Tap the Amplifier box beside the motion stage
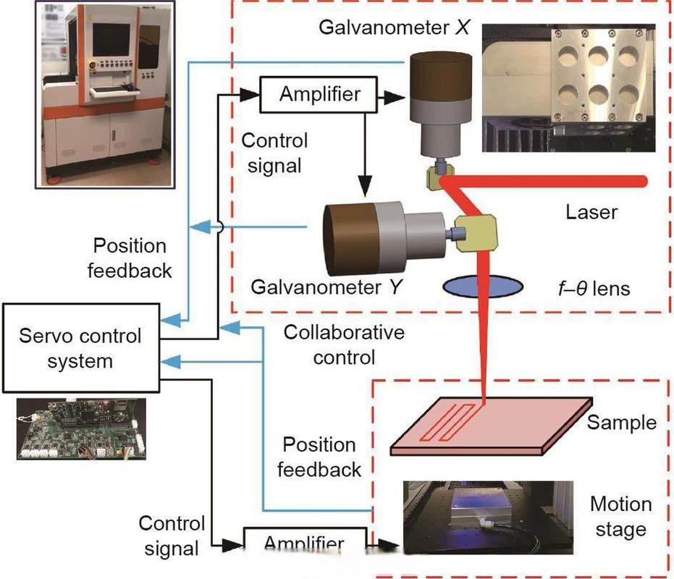click(304, 541)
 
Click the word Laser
click(591, 212)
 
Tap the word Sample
click(622, 421)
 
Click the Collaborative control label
click(344, 345)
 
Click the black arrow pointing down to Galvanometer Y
click(366, 181)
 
